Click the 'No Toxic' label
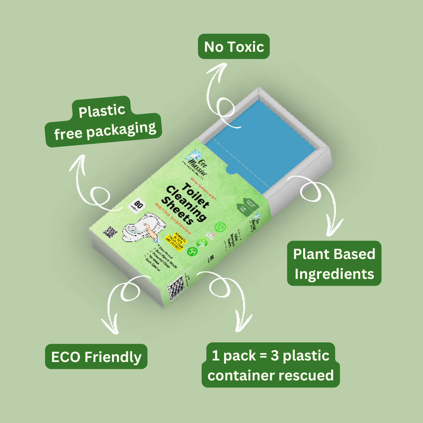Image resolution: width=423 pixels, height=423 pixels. pyautogui.click(x=234, y=47)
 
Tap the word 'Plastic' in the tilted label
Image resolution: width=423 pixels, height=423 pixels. pyautogui.click(x=102, y=111)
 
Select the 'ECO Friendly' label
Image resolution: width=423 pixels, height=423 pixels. pyautogui.click(x=96, y=357)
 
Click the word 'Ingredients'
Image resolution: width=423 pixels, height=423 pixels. pyautogui.click(x=334, y=274)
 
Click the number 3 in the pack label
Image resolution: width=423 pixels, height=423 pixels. pyautogui.click(x=274, y=356)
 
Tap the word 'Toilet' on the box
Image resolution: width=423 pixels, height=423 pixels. pyautogui.click(x=196, y=194)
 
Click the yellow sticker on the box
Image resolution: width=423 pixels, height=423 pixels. pyautogui.click(x=175, y=242)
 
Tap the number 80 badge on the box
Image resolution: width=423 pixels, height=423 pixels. pyautogui.click(x=137, y=205)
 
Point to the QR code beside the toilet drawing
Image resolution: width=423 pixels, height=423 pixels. pyautogui.click(x=110, y=232)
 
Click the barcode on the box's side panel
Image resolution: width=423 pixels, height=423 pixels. pyautogui.click(x=176, y=288)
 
